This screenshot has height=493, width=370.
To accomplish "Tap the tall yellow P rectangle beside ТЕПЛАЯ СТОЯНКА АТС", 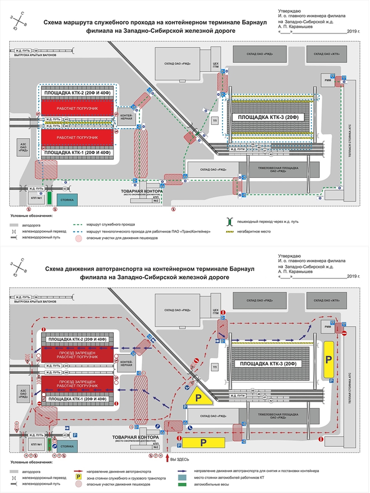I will [x=328, y=358].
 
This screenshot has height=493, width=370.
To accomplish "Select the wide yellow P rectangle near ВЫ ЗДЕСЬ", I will [x=203, y=442].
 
